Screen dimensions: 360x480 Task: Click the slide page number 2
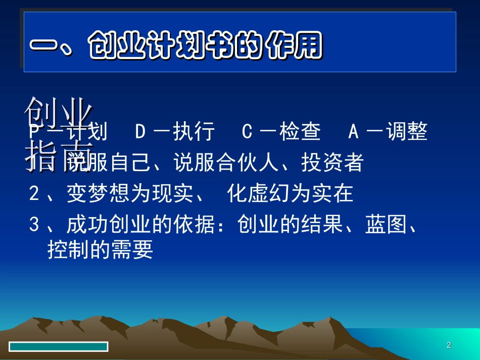point(449,345)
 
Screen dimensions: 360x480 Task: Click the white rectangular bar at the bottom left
point(59,346)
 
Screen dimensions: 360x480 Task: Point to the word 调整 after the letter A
point(407,132)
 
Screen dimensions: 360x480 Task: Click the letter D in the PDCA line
point(140,132)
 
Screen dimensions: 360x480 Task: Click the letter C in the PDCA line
point(247,132)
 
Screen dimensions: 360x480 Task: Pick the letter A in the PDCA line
point(354,132)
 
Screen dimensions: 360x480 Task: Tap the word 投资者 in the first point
point(332,163)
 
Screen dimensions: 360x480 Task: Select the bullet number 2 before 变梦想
point(34,194)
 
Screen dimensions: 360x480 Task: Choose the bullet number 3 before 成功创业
point(34,225)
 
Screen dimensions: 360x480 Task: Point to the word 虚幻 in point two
point(269,194)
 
